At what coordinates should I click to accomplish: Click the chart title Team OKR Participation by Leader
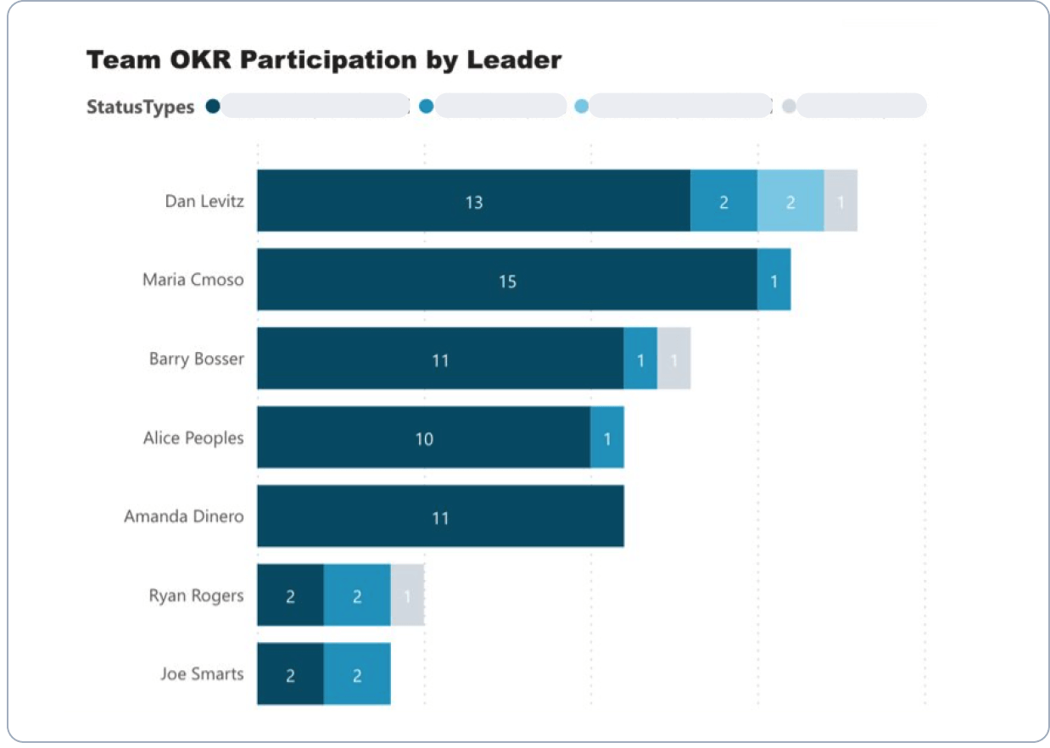click(324, 61)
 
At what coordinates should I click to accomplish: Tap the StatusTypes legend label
click(141, 107)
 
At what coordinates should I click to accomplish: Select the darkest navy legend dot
click(213, 106)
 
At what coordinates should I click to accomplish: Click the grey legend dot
click(789, 106)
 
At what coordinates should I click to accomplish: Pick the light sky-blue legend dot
click(582, 106)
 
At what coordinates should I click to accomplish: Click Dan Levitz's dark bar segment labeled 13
click(473, 201)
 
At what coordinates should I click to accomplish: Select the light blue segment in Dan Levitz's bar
click(790, 201)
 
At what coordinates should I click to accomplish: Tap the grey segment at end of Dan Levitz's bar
click(841, 201)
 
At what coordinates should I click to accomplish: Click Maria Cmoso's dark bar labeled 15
click(507, 280)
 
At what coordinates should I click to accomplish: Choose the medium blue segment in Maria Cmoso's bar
click(774, 280)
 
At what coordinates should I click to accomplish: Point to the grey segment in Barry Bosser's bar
click(673, 359)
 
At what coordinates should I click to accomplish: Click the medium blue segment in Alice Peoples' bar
click(607, 438)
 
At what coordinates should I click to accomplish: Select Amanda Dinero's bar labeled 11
click(440, 516)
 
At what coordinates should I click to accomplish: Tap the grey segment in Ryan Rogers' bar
click(407, 595)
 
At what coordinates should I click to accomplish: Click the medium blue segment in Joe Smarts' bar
click(357, 674)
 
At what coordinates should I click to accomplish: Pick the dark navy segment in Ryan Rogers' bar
click(290, 595)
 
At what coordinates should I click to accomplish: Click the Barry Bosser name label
click(196, 359)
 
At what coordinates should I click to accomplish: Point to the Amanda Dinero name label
click(183, 516)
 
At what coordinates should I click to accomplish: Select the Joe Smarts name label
click(202, 674)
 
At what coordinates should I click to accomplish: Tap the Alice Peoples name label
click(193, 438)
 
